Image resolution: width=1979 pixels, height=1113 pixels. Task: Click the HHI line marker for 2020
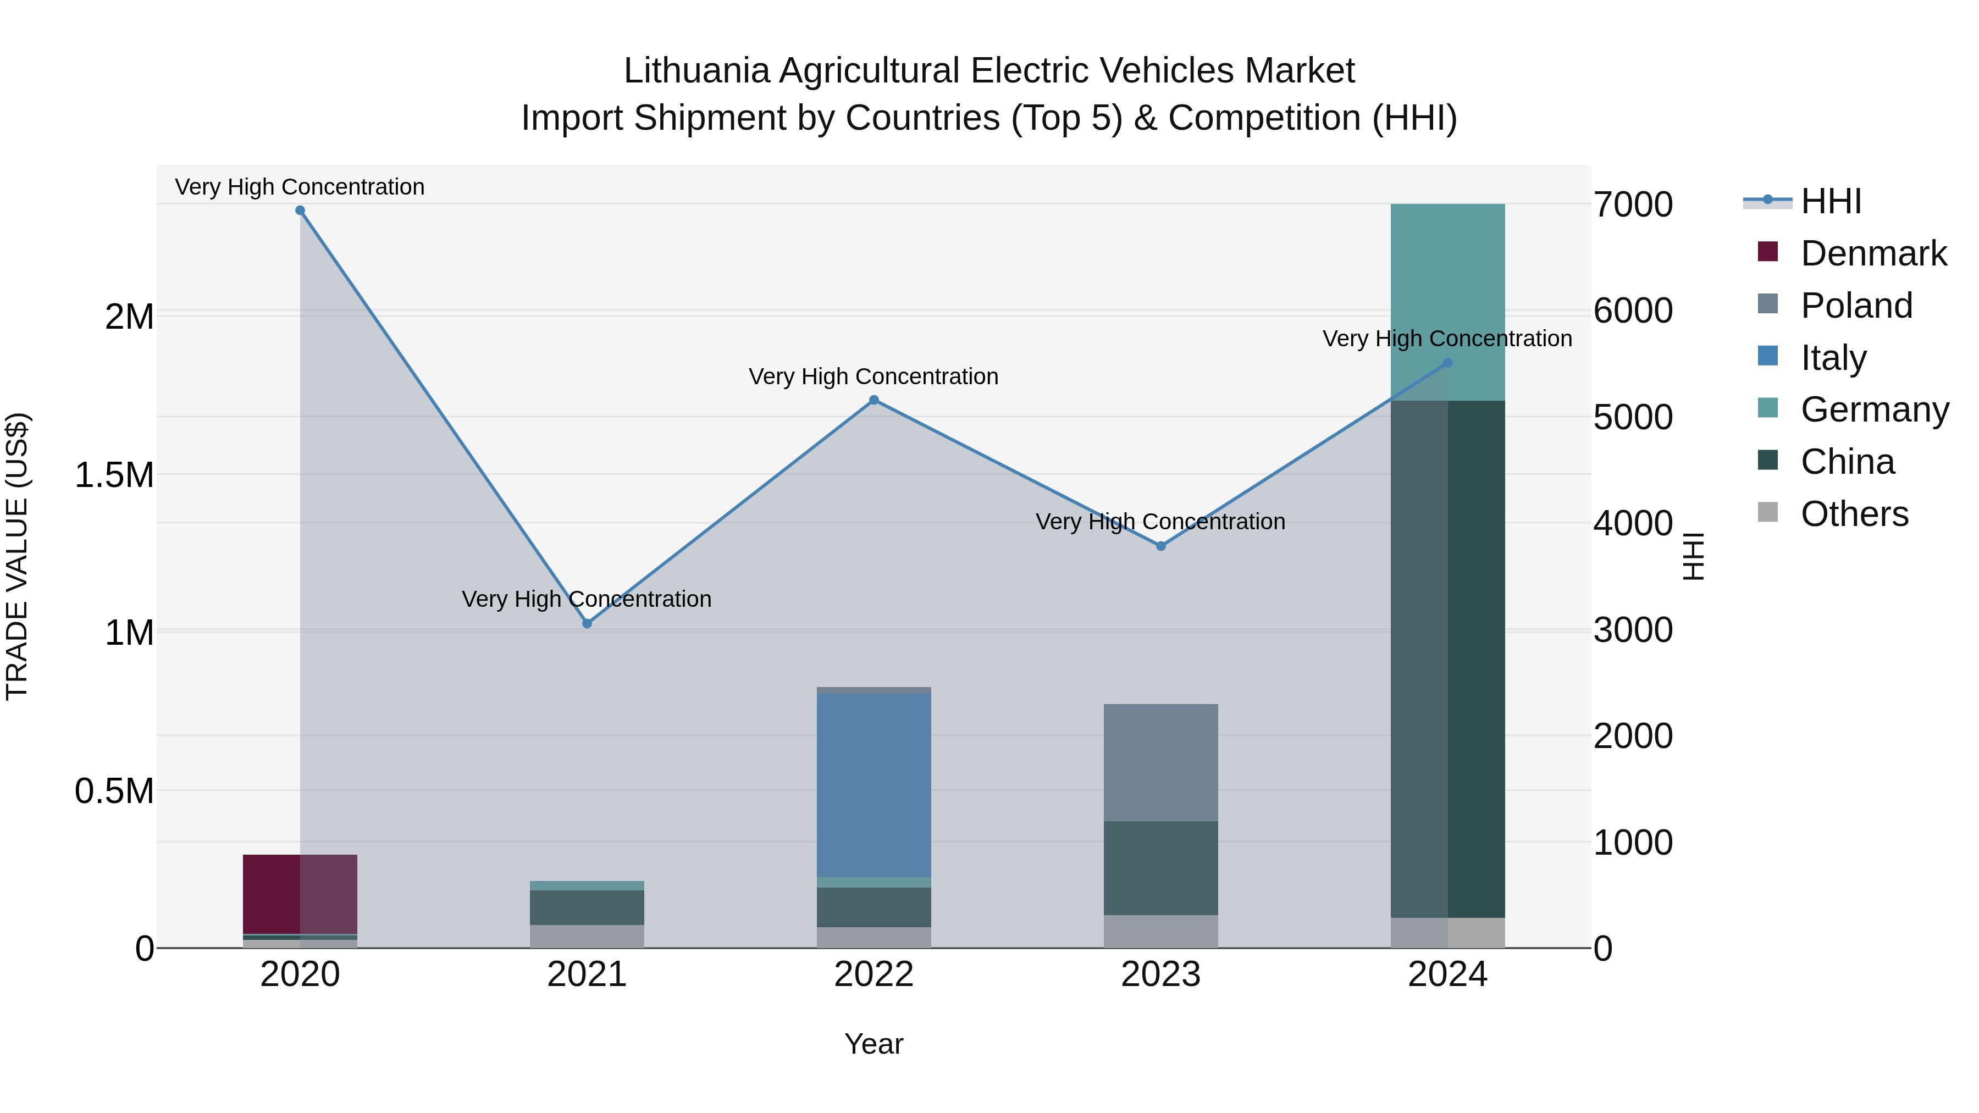pos(300,211)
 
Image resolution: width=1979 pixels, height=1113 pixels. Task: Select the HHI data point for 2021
pos(587,624)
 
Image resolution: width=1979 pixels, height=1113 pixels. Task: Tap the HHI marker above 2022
pos(874,400)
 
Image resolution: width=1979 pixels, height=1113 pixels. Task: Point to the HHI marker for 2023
pos(1161,546)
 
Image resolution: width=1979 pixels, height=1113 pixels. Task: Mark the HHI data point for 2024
pos(1448,363)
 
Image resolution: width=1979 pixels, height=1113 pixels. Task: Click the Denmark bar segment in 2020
pos(300,894)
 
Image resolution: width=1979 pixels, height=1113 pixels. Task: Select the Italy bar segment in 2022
pos(874,785)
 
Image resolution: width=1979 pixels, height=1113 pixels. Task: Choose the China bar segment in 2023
pos(1161,868)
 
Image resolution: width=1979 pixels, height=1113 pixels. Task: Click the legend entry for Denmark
pos(1873,253)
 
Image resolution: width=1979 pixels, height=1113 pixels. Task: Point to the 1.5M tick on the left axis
pos(114,475)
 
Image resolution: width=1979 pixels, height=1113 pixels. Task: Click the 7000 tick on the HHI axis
pos(1633,205)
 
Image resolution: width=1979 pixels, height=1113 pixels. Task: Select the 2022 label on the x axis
pos(874,974)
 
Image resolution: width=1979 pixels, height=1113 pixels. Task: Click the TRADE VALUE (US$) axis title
pos(18,556)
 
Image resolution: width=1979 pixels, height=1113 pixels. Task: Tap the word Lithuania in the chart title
pos(696,71)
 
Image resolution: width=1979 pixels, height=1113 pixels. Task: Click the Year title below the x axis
pos(874,1044)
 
